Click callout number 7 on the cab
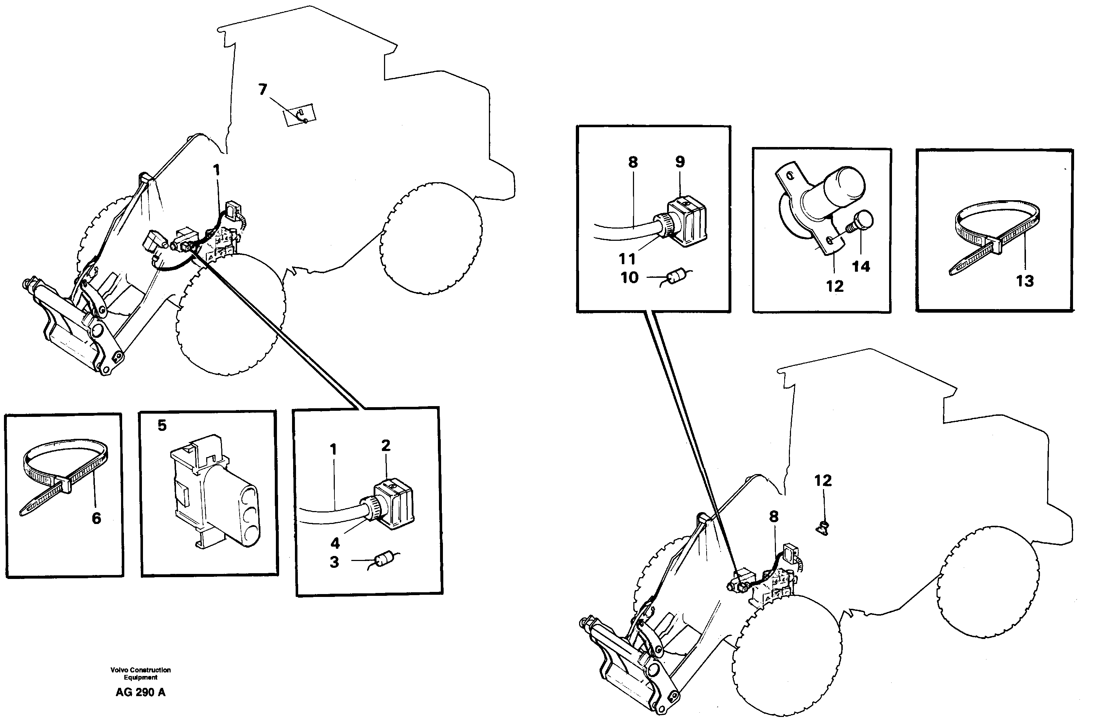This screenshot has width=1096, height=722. coord(263,89)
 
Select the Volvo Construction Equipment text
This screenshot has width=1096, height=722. coord(140,673)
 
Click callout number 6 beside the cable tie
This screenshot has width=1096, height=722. coord(96,518)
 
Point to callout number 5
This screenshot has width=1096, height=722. coord(162,425)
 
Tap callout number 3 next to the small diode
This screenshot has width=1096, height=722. coord(334,562)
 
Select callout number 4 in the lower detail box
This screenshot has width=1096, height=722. coord(335,543)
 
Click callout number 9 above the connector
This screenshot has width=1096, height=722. coord(680,162)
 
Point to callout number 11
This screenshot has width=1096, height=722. coord(627,259)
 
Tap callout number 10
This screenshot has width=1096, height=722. coord(629,277)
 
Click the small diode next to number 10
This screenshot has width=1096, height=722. coord(676,277)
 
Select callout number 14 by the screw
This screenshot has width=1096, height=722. coord(861,266)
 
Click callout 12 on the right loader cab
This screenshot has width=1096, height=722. coord(823,480)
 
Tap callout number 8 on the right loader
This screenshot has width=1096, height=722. coord(774,516)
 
